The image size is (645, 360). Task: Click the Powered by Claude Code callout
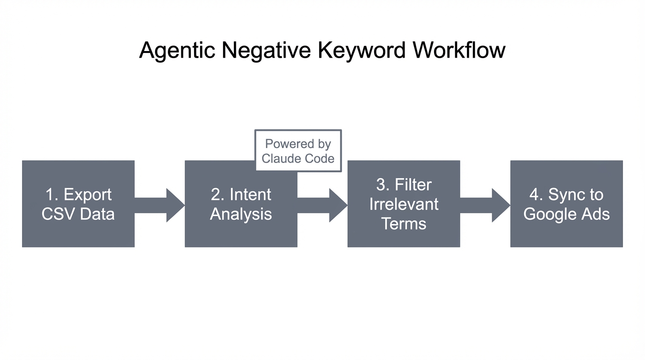coord(298,151)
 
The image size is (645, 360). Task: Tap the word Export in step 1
coord(88,195)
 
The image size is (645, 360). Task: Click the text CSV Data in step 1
coord(78,214)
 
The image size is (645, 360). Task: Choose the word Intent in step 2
coord(250,195)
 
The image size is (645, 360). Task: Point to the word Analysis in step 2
coord(240,214)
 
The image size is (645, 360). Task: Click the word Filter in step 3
coord(413,185)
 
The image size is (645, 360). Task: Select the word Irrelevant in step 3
coord(404,204)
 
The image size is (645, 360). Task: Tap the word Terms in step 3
coord(404,224)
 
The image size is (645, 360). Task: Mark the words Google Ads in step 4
coord(566,214)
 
